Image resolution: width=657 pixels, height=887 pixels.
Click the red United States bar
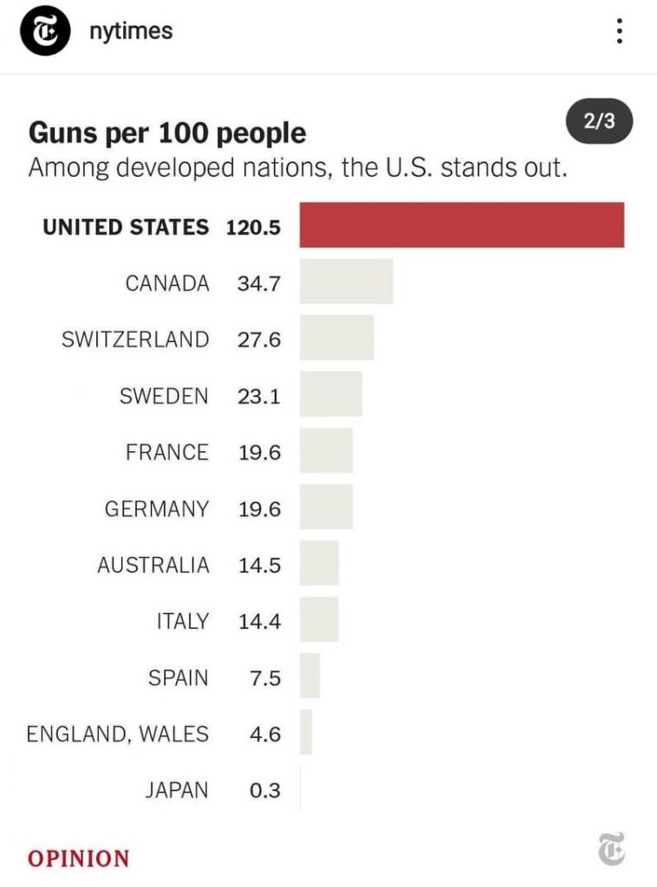coord(461,225)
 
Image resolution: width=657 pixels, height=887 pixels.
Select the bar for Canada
coord(346,282)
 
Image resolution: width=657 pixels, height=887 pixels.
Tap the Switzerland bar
coord(336,338)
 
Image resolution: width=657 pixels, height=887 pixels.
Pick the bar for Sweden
coord(330,395)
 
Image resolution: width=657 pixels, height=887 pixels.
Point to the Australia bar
coord(319,564)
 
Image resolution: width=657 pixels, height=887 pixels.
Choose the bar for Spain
coord(309,677)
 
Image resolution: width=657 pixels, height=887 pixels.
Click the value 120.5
coord(253,227)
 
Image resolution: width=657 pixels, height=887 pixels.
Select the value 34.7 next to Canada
coord(259,283)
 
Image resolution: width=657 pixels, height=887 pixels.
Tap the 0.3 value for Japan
coord(264,790)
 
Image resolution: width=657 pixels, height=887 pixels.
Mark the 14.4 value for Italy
coord(259,621)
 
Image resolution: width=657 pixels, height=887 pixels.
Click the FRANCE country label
coord(166,452)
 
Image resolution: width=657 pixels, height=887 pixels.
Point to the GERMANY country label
coord(156,508)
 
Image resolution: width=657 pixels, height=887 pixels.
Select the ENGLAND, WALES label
coord(117,734)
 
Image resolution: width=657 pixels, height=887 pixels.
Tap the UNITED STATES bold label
coord(126,227)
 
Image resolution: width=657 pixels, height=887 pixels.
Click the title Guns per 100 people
coord(167,133)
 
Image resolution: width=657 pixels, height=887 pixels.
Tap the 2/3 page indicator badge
coord(599,121)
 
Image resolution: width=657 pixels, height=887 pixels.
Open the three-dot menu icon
coord(619,32)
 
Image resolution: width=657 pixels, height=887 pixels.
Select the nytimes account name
coord(131,31)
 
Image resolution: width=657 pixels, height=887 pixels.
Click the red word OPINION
coord(78,858)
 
